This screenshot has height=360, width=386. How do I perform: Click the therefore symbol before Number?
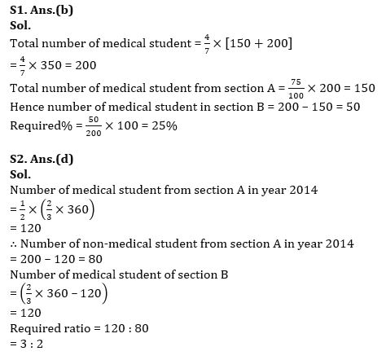coord(14,244)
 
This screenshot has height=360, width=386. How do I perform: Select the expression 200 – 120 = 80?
coord(56,258)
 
